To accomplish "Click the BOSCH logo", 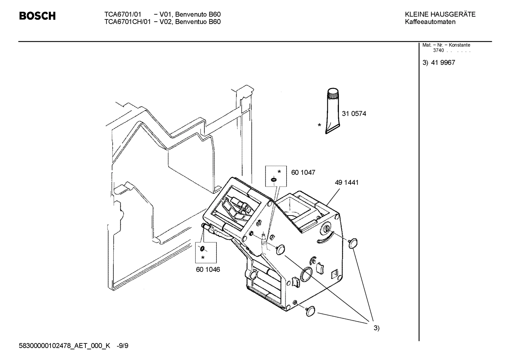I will (x=37, y=16).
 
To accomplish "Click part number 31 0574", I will (x=354, y=114).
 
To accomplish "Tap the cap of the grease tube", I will (x=333, y=94).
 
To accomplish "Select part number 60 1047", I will (x=303, y=172).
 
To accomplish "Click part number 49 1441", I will (x=346, y=183).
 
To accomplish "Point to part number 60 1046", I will (x=208, y=270).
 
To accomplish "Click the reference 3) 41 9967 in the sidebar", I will (x=439, y=63).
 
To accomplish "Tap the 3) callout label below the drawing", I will (x=376, y=328).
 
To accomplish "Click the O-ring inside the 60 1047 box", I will (x=274, y=181).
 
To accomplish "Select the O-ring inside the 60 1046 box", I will (x=202, y=248).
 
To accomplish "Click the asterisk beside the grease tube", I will (x=319, y=125).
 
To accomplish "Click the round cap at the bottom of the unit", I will (x=311, y=311).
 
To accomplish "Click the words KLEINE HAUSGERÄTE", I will (x=440, y=14).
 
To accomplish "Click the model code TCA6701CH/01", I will (x=127, y=22).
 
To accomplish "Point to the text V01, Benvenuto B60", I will (x=190, y=14).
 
